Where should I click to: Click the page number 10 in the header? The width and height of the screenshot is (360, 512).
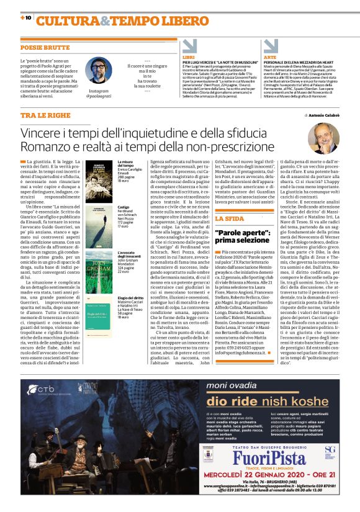point(28,17)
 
